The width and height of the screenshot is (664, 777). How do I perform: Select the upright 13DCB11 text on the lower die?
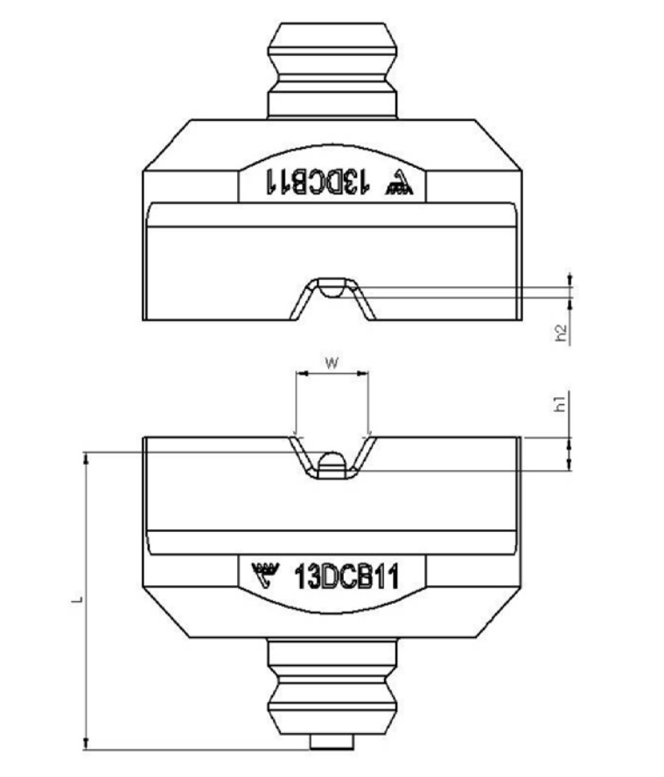coord(347,577)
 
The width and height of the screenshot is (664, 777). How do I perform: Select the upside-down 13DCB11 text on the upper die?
coord(316,181)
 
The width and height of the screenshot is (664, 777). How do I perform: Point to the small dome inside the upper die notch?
coord(332,287)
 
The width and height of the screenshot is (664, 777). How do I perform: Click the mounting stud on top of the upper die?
coord(332,70)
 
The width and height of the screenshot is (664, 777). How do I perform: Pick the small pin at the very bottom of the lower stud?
coord(332,743)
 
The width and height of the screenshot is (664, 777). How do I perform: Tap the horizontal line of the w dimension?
coord(332,374)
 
